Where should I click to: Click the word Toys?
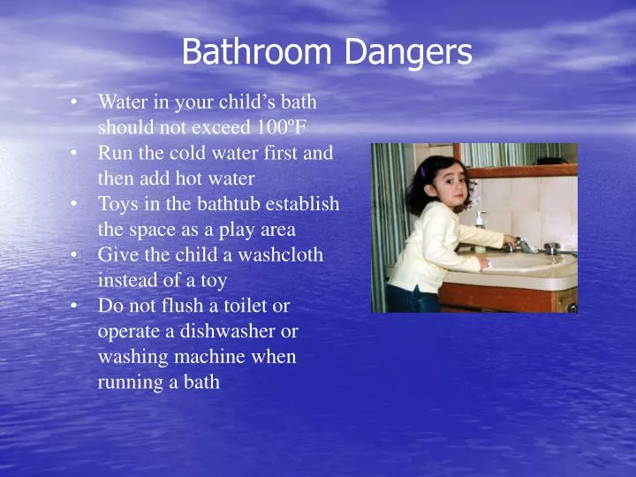(x=117, y=203)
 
